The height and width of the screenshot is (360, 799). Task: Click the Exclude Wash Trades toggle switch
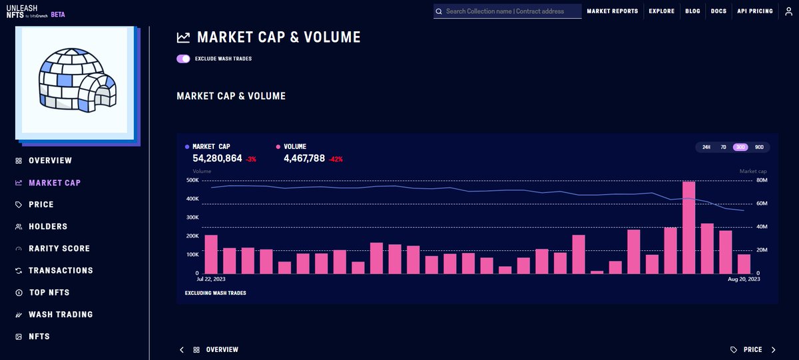click(183, 59)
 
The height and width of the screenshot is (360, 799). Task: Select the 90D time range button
click(759, 147)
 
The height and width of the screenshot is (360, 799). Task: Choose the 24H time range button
click(706, 147)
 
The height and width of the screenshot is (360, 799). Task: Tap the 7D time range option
click(723, 147)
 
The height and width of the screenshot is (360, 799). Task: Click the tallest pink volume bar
click(688, 228)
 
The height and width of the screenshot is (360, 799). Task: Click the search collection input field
click(507, 11)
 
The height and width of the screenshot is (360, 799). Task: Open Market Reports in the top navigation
click(613, 11)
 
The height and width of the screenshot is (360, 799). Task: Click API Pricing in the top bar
click(755, 11)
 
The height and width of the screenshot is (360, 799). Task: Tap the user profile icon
click(788, 11)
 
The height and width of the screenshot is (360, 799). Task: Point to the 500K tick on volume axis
click(192, 180)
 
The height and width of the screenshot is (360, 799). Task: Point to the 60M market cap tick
click(762, 203)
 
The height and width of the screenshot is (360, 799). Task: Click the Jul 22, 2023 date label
click(211, 279)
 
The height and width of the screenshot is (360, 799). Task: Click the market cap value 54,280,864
click(217, 158)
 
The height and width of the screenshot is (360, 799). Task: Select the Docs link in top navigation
click(718, 11)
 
